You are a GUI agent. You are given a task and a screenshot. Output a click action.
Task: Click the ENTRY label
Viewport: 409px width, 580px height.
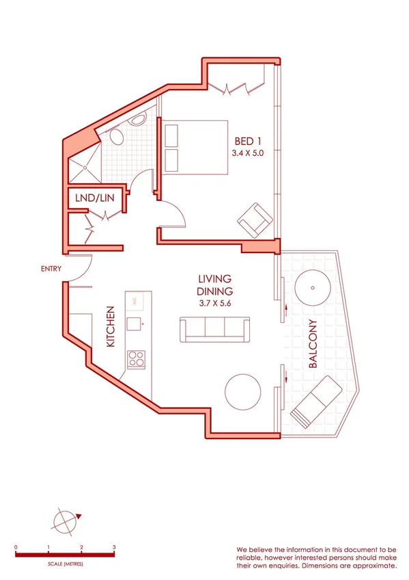click(x=51, y=269)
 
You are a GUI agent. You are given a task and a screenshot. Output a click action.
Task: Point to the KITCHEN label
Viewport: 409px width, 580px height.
click(x=111, y=327)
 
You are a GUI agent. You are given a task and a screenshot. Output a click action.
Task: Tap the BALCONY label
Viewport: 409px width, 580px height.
click(x=313, y=344)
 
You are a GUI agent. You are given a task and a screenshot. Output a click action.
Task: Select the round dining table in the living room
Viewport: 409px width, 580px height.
click(x=242, y=391)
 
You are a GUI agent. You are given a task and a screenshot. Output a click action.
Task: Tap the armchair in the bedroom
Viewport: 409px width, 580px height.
click(x=255, y=220)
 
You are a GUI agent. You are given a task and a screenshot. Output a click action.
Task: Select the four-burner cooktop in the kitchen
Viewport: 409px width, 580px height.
click(x=136, y=358)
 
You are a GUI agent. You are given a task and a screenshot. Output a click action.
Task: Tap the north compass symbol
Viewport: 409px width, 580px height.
click(x=64, y=520)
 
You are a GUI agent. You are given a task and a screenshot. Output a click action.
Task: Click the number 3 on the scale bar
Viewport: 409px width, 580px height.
click(x=114, y=548)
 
